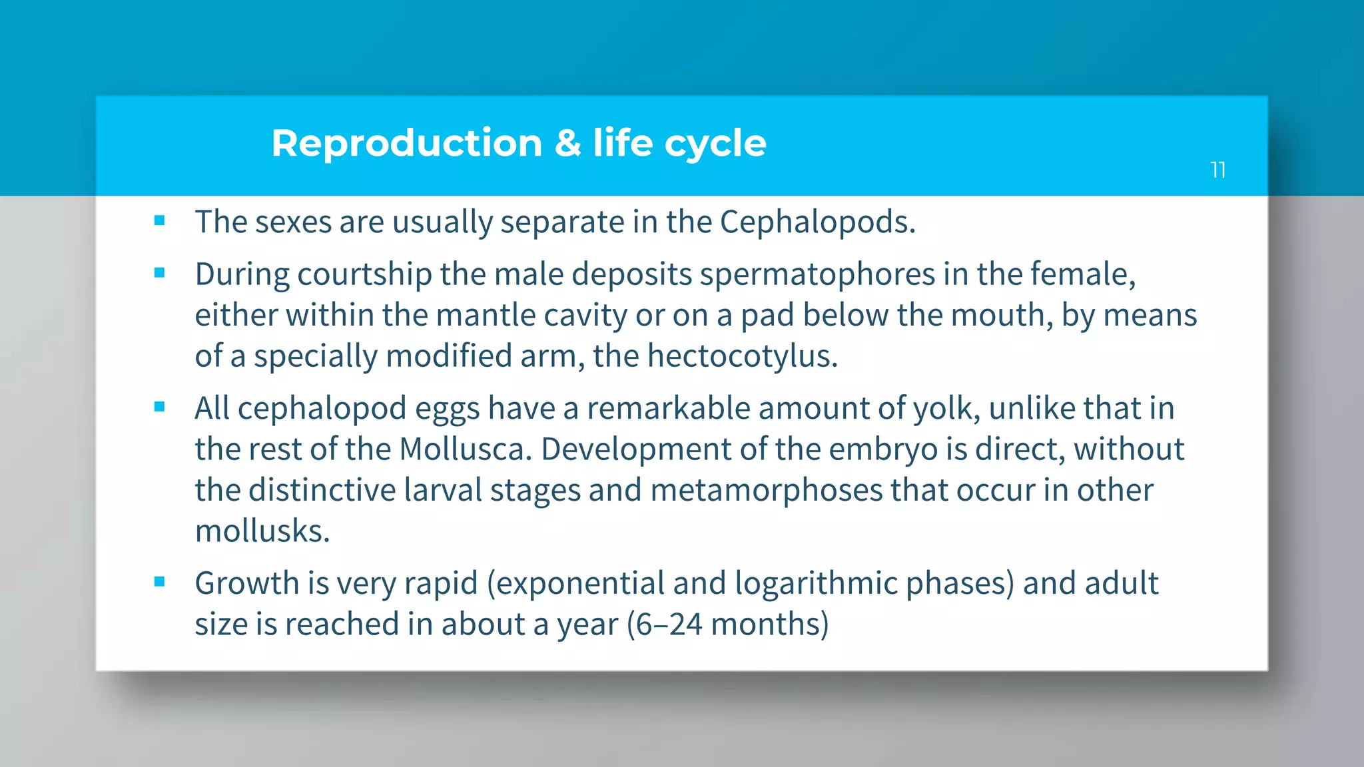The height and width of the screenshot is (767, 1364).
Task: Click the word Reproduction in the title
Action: tap(406, 144)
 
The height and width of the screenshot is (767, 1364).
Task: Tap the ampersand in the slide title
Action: tap(567, 144)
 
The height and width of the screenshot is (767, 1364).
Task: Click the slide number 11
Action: tap(1217, 170)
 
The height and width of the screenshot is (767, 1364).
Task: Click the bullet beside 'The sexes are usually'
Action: tap(159, 221)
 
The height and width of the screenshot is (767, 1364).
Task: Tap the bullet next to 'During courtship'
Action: tap(159, 273)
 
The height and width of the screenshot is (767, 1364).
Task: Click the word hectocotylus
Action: tap(741, 356)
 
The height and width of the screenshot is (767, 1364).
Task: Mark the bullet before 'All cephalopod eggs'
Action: tap(159, 407)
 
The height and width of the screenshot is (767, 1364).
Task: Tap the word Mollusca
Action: tap(465, 449)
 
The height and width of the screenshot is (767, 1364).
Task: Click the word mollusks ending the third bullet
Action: tap(262, 531)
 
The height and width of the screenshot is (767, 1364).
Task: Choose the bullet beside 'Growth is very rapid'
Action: tap(159, 583)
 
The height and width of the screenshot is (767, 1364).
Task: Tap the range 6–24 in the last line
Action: tap(669, 625)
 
